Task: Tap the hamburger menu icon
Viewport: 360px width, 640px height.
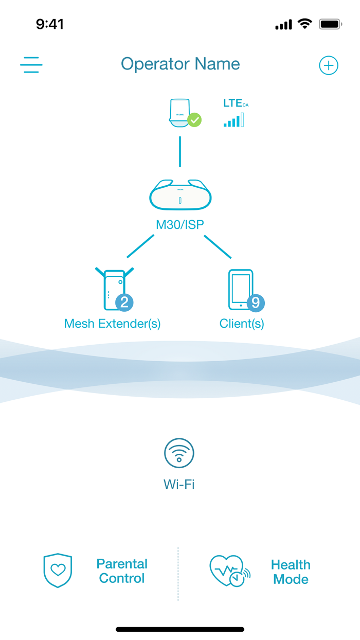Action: (31, 65)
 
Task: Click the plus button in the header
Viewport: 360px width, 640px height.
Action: (329, 65)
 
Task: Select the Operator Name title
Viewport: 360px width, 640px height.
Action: (180, 64)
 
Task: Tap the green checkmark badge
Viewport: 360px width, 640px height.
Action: (194, 120)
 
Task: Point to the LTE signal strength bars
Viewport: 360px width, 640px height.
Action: (234, 121)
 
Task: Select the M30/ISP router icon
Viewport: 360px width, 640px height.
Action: (180, 194)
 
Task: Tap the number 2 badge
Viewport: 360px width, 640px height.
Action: (124, 302)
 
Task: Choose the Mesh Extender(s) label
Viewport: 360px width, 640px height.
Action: (112, 324)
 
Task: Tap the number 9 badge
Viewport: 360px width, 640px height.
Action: (256, 302)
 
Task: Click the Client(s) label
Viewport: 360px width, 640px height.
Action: (242, 324)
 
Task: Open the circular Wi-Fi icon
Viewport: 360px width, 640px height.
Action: (179, 453)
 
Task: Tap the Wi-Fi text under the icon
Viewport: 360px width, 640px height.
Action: (179, 484)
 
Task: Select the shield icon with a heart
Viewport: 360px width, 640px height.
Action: (58, 571)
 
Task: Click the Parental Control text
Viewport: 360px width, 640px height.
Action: (122, 571)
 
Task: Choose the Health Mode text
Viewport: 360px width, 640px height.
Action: (291, 572)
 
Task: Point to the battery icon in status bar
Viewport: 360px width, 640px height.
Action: (330, 24)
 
